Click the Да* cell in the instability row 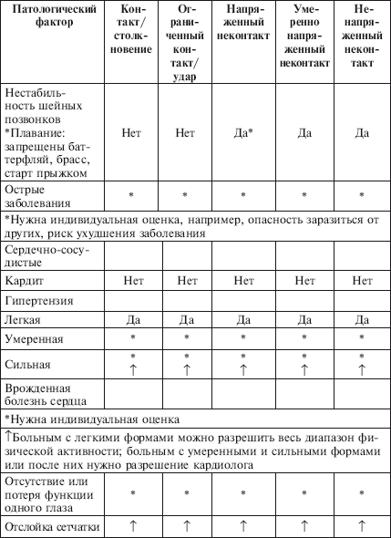(243, 133)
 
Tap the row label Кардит (24, 281)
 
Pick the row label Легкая (25, 320)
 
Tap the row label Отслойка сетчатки (51, 526)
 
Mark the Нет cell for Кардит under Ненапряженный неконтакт (362, 281)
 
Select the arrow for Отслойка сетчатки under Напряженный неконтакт (243, 526)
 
